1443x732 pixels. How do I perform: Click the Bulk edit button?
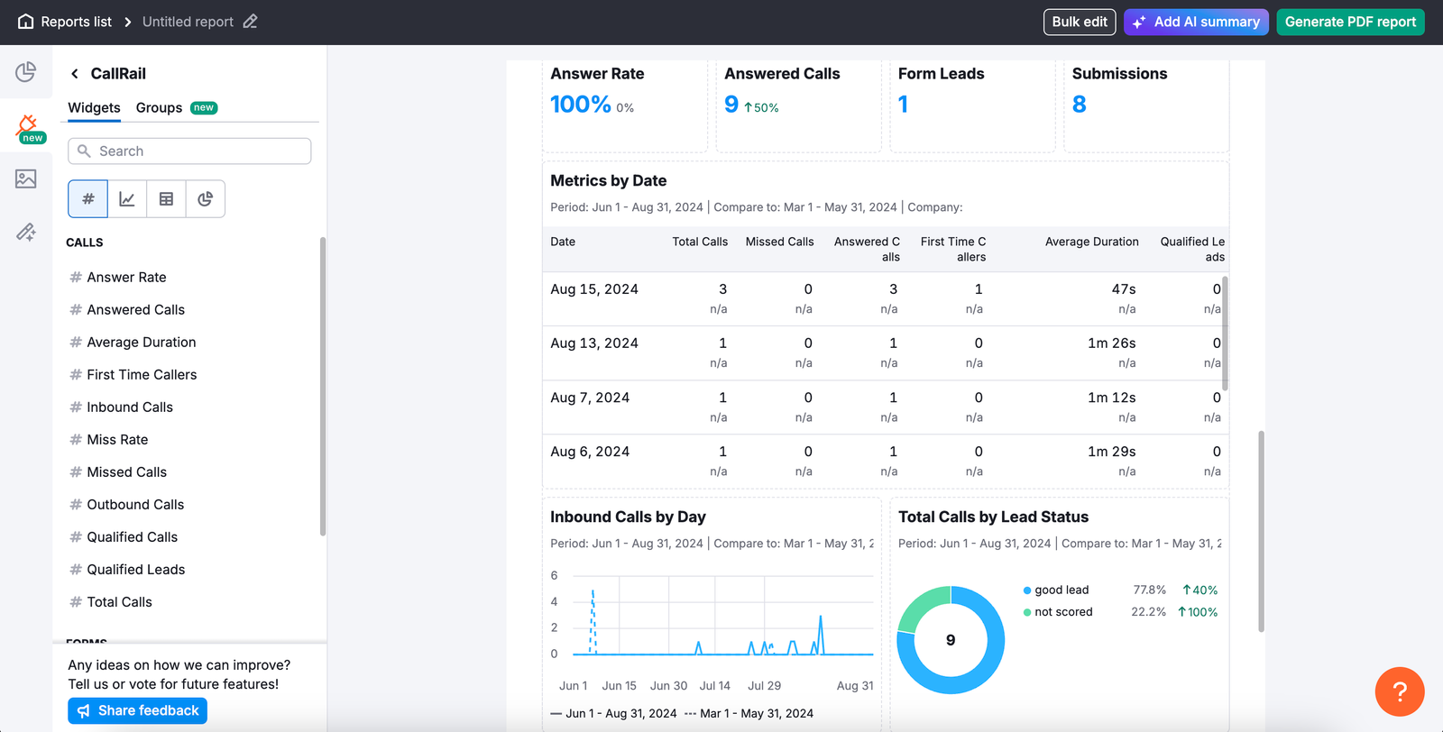[1079, 22]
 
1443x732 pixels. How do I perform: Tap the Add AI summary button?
[1196, 22]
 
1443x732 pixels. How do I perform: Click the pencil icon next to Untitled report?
[250, 22]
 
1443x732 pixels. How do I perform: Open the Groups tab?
[160, 108]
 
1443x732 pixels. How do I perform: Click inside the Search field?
[189, 151]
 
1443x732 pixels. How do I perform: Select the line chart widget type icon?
[127, 199]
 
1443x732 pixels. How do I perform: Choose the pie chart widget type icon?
[206, 199]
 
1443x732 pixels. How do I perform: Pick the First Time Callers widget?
[142, 375]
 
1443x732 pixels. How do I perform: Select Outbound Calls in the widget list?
[135, 505]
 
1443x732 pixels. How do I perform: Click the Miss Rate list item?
[117, 440]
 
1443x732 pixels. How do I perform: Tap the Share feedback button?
[138, 711]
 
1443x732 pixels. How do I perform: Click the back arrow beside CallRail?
[75, 74]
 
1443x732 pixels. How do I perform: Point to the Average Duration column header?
[1091, 242]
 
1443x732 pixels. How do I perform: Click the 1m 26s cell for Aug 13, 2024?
[1111, 343]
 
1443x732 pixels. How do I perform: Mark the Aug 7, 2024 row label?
[590, 398]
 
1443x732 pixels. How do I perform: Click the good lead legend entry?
[1062, 590]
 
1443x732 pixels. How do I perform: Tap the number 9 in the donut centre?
[951, 640]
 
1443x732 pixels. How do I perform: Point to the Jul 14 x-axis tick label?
[714, 686]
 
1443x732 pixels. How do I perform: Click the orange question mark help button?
[1399, 691]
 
